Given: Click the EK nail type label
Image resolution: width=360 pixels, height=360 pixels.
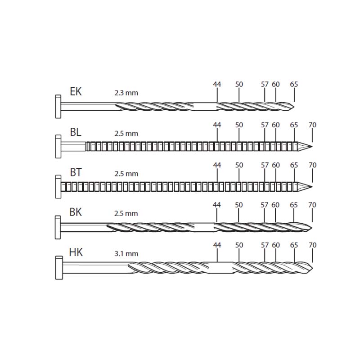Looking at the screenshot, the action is pyautogui.click(x=76, y=91).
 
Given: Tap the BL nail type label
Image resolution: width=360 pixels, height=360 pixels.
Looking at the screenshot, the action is pyautogui.click(x=76, y=132).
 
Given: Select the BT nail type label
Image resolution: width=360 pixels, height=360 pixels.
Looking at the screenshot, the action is pyautogui.click(x=76, y=172).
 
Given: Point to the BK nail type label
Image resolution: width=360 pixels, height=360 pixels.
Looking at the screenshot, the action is pyautogui.click(x=76, y=212).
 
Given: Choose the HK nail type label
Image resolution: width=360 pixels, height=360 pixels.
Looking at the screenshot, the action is pyautogui.click(x=76, y=252).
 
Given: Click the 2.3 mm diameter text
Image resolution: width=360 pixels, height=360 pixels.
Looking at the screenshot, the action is pyautogui.click(x=126, y=93).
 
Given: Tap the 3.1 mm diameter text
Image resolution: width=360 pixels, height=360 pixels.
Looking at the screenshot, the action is pyautogui.click(x=126, y=254).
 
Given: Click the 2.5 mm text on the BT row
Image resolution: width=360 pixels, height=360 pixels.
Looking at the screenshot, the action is pyautogui.click(x=126, y=174).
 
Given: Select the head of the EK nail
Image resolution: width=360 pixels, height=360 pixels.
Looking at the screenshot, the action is pyautogui.click(x=58, y=107).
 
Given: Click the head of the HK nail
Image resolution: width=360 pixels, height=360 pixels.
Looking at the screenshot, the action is pyautogui.click(x=59, y=268).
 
